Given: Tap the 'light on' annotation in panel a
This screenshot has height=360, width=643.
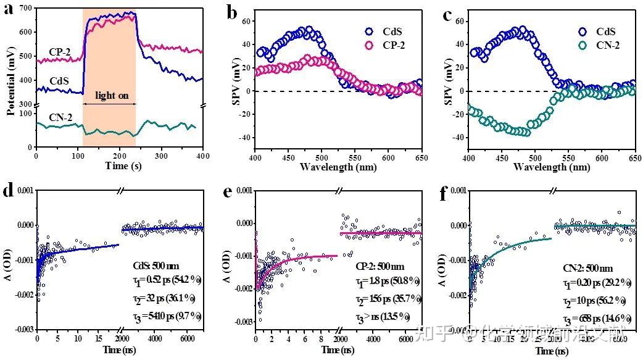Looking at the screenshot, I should [109, 96].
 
